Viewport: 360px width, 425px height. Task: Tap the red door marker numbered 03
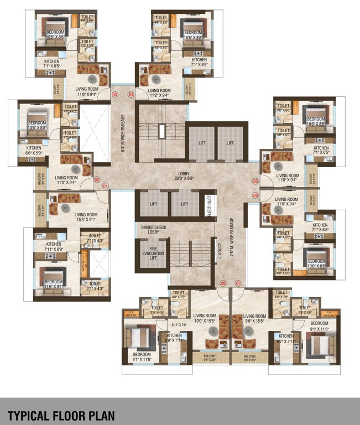(x=115, y=95)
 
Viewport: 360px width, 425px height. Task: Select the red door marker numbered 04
(x=131, y=95)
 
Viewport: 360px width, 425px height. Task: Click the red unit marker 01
(x=106, y=186)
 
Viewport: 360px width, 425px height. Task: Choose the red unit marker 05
(x=255, y=181)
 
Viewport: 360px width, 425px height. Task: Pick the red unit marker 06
(x=255, y=195)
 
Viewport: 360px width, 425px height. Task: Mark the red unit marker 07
(x=238, y=283)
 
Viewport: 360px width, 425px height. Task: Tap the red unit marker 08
(x=223, y=283)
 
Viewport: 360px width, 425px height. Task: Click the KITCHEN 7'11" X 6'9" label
(x=54, y=247)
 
